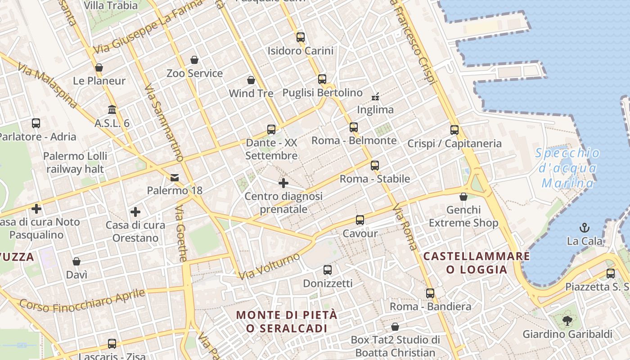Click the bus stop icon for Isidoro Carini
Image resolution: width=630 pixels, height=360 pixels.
(301, 37)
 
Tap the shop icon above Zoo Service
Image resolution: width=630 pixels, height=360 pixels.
(194, 60)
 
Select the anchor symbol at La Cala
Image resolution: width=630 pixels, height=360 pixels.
(584, 227)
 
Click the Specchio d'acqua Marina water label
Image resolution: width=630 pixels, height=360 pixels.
(567, 168)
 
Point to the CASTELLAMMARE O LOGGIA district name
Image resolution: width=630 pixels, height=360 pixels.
(477, 263)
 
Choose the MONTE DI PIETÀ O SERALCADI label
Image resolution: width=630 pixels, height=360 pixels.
(287, 321)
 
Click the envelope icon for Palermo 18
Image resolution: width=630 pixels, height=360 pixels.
(175, 178)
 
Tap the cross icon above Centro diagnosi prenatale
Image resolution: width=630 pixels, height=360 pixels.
(283, 183)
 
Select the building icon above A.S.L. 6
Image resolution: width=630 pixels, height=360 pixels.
(112, 109)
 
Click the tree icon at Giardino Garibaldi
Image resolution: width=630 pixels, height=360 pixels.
(567, 320)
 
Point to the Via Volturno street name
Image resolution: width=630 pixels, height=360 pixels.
(269, 266)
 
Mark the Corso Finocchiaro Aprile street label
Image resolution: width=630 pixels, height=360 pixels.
(83, 301)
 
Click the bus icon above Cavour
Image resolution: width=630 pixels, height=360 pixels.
(360, 220)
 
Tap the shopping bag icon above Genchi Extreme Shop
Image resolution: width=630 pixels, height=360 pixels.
(463, 197)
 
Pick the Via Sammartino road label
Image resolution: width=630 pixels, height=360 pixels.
(164, 122)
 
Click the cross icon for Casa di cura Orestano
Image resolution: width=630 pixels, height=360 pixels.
(135, 212)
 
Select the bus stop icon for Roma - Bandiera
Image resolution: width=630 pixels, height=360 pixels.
(430, 293)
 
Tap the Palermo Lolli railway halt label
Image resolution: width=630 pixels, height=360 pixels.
(75, 162)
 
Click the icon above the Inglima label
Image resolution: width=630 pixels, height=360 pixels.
(375, 96)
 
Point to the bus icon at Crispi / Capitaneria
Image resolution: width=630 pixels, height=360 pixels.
(454, 130)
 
